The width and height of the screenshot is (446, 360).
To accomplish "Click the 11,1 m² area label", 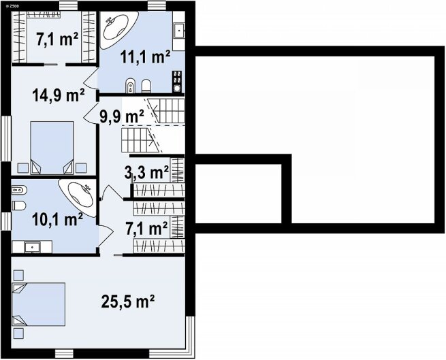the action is (145, 57).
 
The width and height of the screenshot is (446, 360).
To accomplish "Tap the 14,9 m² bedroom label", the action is (59, 95).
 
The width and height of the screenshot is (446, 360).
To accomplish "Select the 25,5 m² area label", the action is (128, 301).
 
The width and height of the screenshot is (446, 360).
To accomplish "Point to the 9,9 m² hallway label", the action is (122, 116).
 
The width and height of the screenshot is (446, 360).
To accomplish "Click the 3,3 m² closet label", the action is (146, 173).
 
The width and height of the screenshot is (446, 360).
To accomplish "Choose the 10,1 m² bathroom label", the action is (57, 220).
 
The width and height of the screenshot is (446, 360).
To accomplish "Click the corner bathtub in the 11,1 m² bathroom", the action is (118, 29).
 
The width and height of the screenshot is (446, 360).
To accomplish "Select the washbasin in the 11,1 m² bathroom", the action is (179, 30).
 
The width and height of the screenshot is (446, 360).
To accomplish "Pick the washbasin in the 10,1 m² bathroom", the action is (31, 248).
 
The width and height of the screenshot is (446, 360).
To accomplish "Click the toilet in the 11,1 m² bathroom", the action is (146, 86).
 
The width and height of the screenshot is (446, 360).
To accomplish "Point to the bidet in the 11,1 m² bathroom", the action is (130, 85).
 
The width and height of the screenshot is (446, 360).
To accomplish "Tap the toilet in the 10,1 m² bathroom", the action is (19, 206).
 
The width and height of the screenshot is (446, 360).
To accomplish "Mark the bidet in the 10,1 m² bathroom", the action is (19, 190).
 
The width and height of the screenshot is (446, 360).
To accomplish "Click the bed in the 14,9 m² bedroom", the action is (52, 148).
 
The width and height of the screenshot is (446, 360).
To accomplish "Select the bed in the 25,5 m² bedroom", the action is (38, 304).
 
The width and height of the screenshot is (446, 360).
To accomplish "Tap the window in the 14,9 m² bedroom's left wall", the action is (5, 138).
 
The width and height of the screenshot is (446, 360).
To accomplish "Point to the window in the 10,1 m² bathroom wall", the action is (5, 221).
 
